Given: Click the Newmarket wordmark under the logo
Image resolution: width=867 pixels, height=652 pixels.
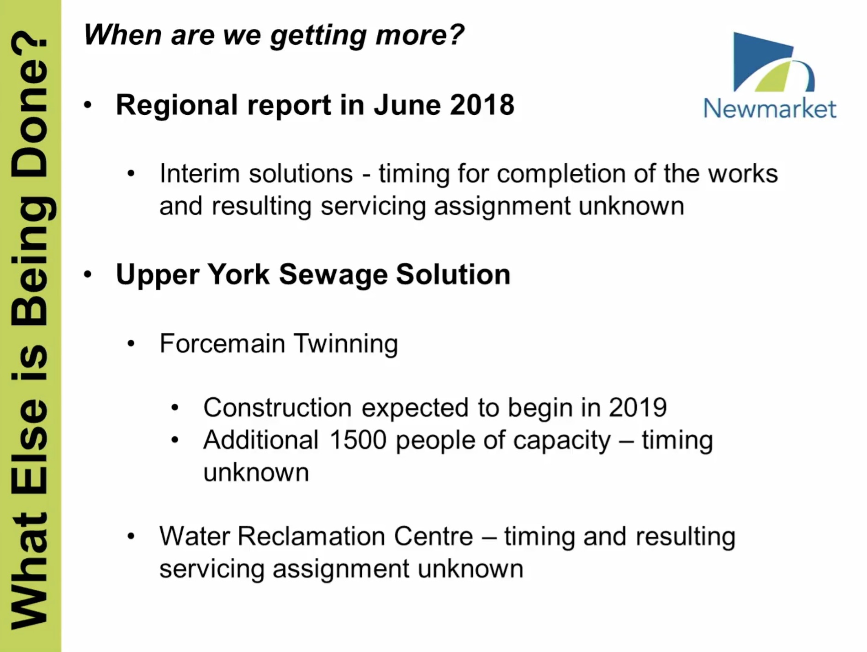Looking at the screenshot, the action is coord(770,108).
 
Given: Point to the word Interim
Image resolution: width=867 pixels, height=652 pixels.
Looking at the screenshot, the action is coord(200,174).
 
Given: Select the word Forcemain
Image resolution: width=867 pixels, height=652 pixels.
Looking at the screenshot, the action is coord(222,343).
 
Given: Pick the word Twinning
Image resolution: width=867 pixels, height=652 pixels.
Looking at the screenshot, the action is coord(346,344).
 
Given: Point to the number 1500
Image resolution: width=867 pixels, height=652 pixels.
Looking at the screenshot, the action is coord(358,440).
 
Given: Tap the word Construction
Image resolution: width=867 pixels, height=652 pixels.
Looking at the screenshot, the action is coord(277,407).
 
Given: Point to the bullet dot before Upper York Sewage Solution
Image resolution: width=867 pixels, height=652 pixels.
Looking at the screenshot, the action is coord(88,274).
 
